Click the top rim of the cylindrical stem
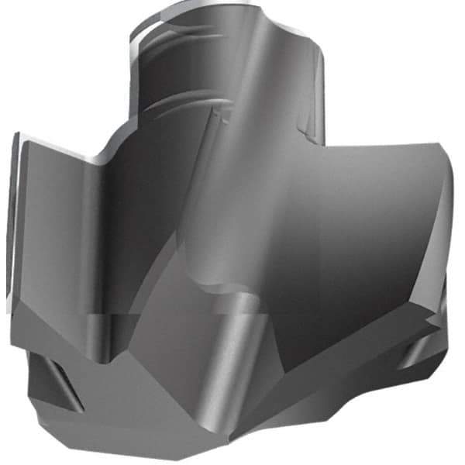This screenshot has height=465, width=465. pos(225,9)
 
